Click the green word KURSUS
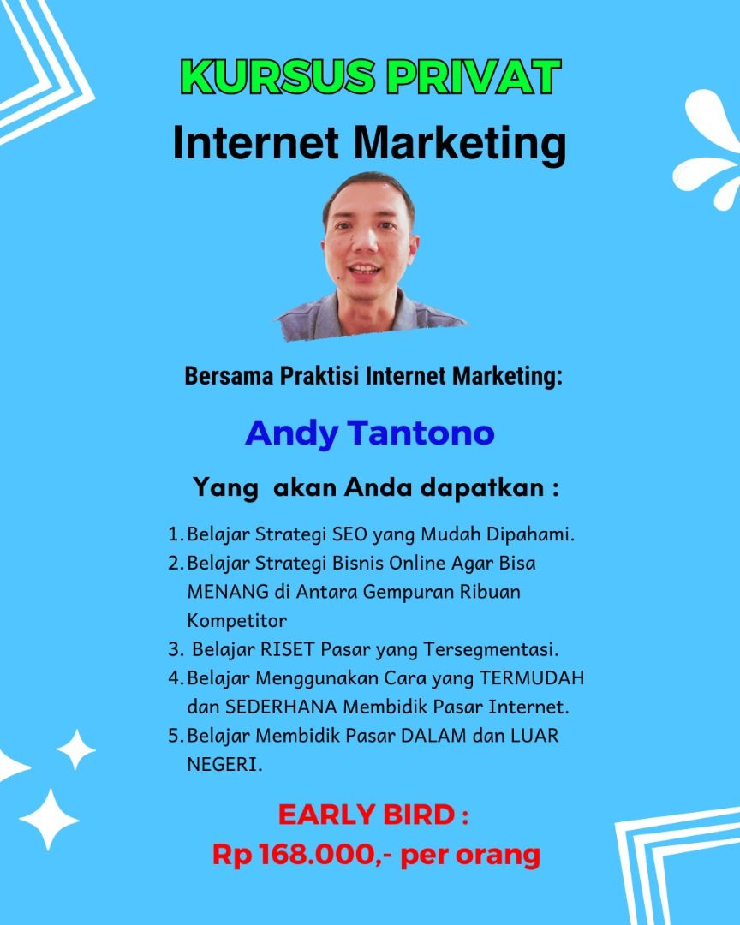[x=277, y=77]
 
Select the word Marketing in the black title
[x=460, y=145]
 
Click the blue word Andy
[x=291, y=434]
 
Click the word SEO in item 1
[x=350, y=534]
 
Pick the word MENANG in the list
[x=228, y=592]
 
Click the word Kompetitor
[x=236, y=621]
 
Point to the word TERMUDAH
[x=532, y=678]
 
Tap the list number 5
[x=173, y=736]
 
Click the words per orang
[x=470, y=856]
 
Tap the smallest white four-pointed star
[x=75, y=749]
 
